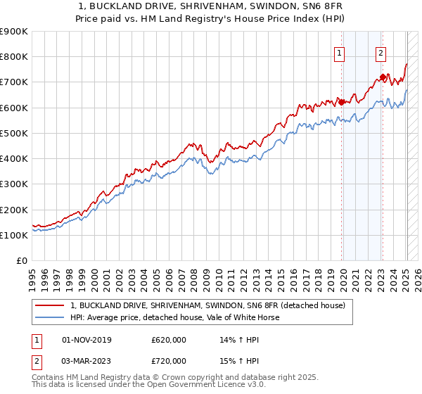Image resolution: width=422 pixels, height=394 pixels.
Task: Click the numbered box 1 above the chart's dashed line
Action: click(340, 52)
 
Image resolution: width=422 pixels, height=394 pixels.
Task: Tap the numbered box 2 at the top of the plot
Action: click(381, 52)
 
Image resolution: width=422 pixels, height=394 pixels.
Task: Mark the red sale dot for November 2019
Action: click(342, 102)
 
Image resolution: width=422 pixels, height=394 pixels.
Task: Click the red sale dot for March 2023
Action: click(383, 77)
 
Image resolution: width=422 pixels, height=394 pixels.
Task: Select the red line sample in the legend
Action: click(50, 306)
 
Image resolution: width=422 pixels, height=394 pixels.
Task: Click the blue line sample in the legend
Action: click(50, 318)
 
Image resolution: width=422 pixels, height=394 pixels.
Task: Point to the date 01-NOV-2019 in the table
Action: click(87, 340)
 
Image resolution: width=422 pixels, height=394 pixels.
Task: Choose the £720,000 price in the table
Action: click(169, 360)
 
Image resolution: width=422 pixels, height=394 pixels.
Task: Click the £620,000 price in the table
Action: click(169, 340)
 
